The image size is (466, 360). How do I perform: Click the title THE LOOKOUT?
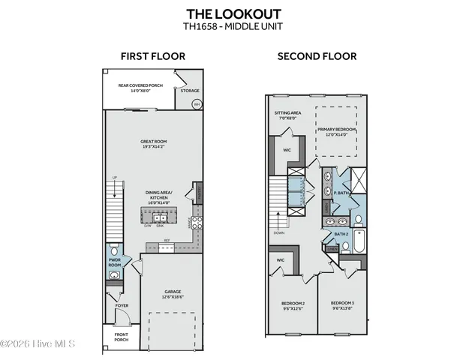pyautogui.click(x=233, y=13)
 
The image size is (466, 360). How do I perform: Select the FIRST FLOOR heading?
pyautogui.click(x=153, y=56)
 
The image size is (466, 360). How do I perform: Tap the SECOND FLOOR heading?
pyautogui.click(x=317, y=56)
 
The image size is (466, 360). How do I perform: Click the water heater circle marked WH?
pyautogui.click(x=197, y=104)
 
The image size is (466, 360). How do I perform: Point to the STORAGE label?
pyautogui.click(x=190, y=91)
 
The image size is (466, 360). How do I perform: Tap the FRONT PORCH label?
pyautogui.click(x=121, y=337)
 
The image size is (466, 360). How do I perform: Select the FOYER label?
pyautogui.click(x=122, y=306)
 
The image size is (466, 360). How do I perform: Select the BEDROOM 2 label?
pyautogui.click(x=292, y=305)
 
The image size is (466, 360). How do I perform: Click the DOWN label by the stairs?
pyautogui.click(x=278, y=232)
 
